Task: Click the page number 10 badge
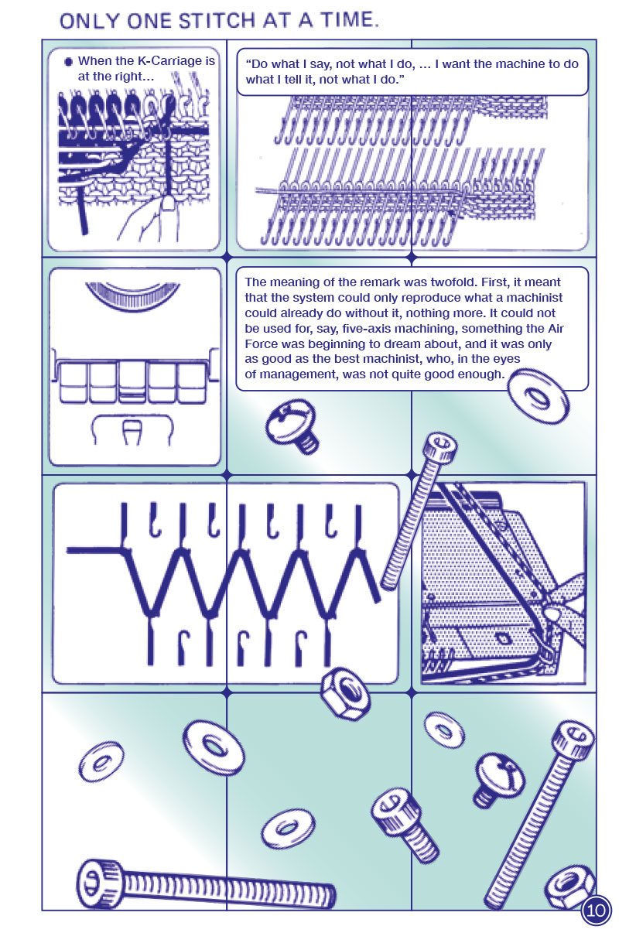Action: (596, 910)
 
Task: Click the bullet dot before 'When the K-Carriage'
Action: (68, 62)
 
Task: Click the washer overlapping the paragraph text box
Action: (539, 395)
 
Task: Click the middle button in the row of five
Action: (133, 381)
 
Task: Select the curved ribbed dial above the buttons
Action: (133, 296)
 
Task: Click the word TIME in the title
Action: (349, 20)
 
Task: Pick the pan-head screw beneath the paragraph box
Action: (292, 425)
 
